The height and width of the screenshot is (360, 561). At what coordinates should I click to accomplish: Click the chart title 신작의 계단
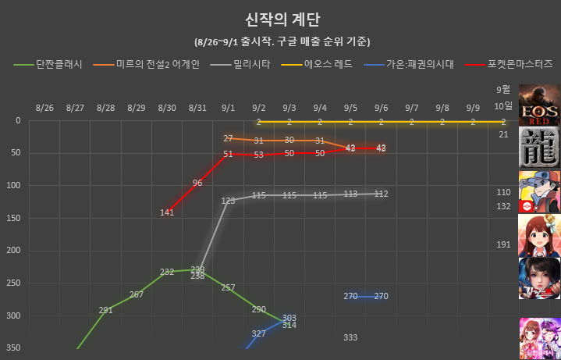coord(282,19)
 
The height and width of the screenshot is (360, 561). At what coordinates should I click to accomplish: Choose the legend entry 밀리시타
coord(253,65)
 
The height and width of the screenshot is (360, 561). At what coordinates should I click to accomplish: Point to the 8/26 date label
coord(44,106)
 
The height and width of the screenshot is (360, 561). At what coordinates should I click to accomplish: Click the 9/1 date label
coord(229,106)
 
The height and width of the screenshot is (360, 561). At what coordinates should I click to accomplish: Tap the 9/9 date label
coord(473,106)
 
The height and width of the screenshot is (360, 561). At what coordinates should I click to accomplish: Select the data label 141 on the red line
coord(167,212)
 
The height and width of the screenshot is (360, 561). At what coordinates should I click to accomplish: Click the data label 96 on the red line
coord(197,183)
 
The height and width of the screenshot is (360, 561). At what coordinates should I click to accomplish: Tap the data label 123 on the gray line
coord(229,201)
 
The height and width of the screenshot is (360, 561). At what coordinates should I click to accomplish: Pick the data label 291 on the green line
coord(106,310)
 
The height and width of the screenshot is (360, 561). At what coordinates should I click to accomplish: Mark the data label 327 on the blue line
coord(259,333)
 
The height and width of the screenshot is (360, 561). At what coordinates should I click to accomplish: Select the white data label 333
coord(350,337)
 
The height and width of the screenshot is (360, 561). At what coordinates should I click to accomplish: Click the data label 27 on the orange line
coord(229,138)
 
